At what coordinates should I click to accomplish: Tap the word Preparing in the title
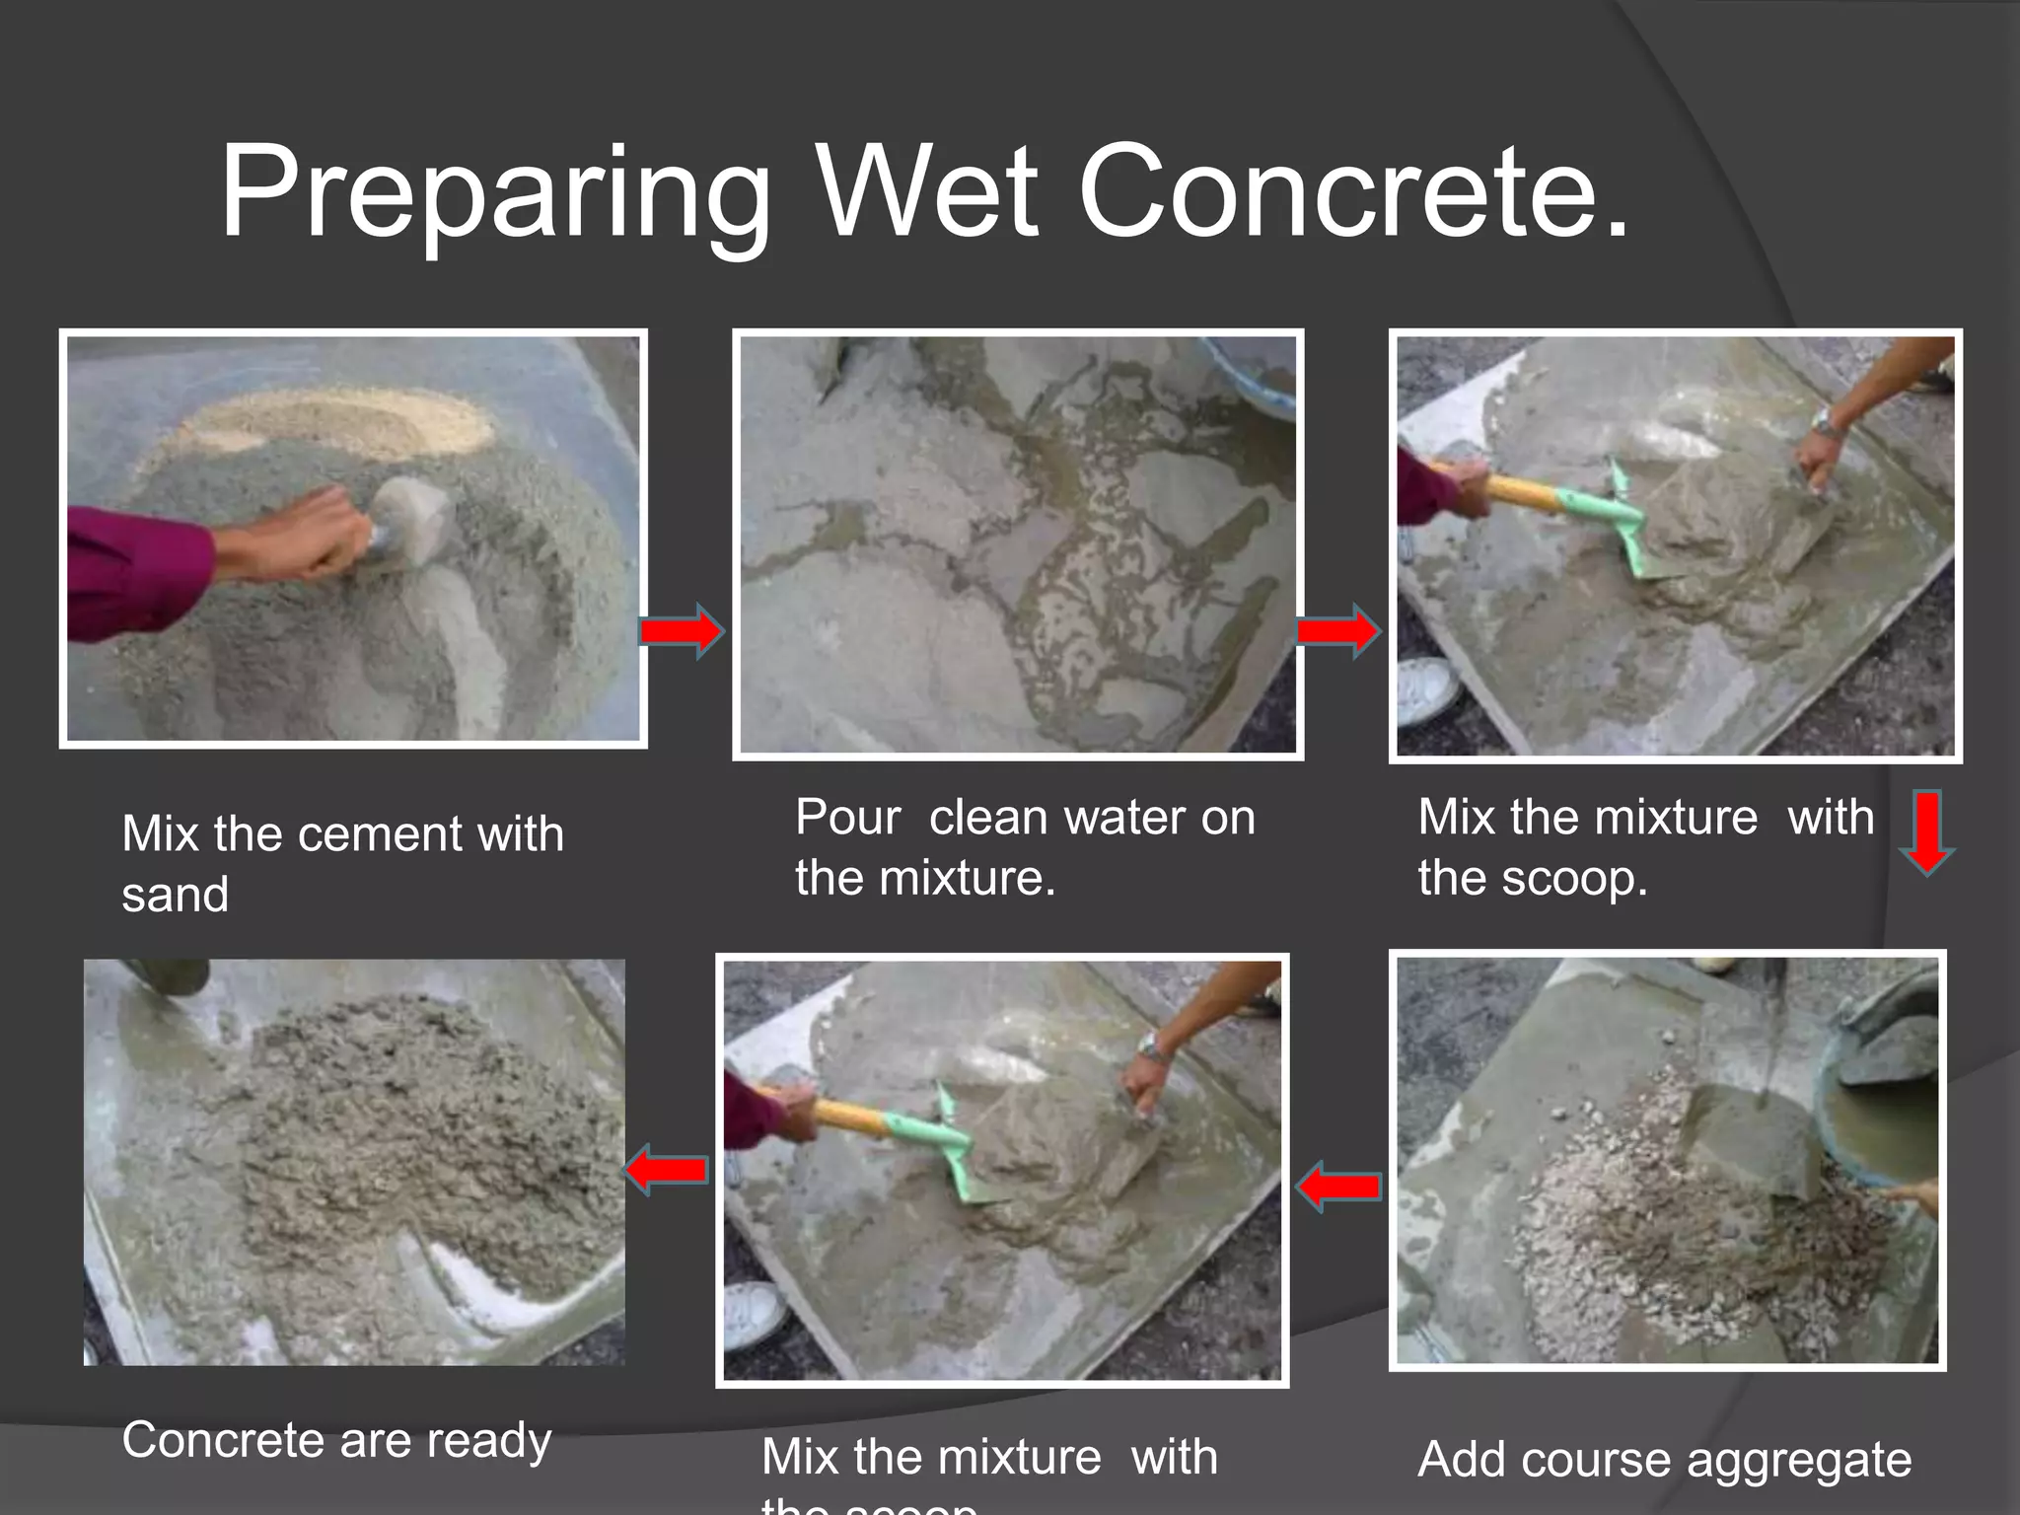493,193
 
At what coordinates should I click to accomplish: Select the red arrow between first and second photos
682,630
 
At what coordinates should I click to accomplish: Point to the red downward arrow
1927,831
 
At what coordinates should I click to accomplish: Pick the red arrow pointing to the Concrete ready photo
668,1170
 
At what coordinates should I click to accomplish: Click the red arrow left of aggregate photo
1338,1186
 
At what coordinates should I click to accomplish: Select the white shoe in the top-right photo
1426,689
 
